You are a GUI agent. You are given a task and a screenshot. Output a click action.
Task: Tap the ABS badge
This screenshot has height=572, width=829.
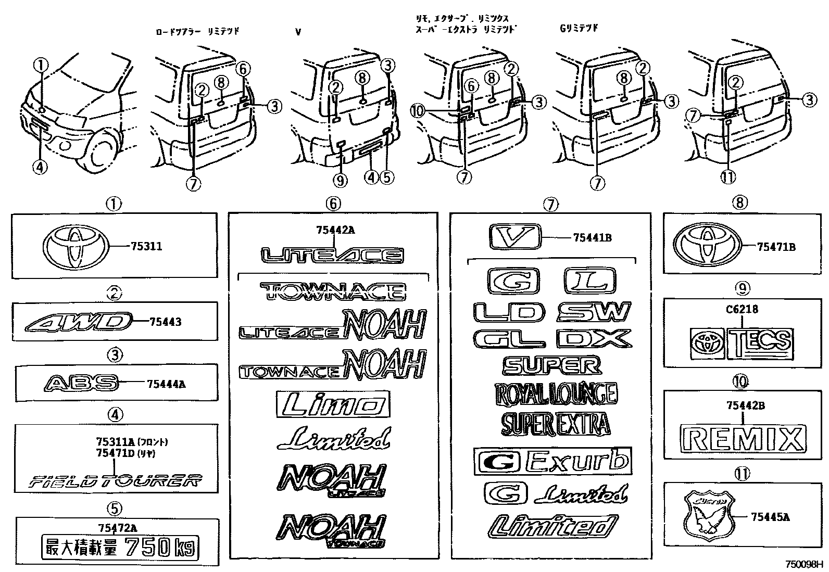(x=81, y=384)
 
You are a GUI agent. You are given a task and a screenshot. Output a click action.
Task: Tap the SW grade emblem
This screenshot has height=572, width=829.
(x=594, y=312)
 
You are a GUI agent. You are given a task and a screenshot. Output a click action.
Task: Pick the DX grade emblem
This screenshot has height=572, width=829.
(x=594, y=339)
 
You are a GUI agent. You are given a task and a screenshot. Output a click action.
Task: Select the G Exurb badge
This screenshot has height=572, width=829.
(x=552, y=461)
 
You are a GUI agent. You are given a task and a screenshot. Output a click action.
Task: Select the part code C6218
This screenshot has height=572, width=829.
(x=744, y=309)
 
